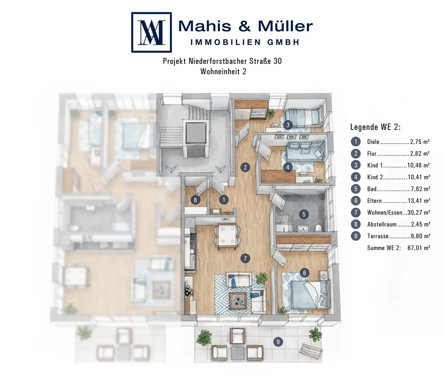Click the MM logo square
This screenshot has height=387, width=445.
point(151,32)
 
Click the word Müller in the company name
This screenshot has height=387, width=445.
point(285,26)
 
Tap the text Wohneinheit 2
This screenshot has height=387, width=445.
point(223,71)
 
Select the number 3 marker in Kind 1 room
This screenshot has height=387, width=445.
point(288,125)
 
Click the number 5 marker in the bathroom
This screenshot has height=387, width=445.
point(304,214)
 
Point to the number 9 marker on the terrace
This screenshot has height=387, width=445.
point(278,342)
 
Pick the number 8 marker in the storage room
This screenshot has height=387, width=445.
point(195,200)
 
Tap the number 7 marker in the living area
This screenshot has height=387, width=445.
point(245,258)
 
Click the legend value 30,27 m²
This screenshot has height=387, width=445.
point(419,213)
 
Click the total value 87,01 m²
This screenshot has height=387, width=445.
point(419,248)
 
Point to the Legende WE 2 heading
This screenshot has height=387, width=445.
point(375,127)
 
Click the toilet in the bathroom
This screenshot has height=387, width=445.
point(318,227)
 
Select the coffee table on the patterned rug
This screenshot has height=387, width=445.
point(238,301)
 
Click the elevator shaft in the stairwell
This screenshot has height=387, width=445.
point(196,132)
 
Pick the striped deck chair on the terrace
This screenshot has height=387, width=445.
point(311,351)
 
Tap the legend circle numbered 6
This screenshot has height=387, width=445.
point(356,200)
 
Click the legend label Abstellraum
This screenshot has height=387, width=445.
point(382,224)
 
